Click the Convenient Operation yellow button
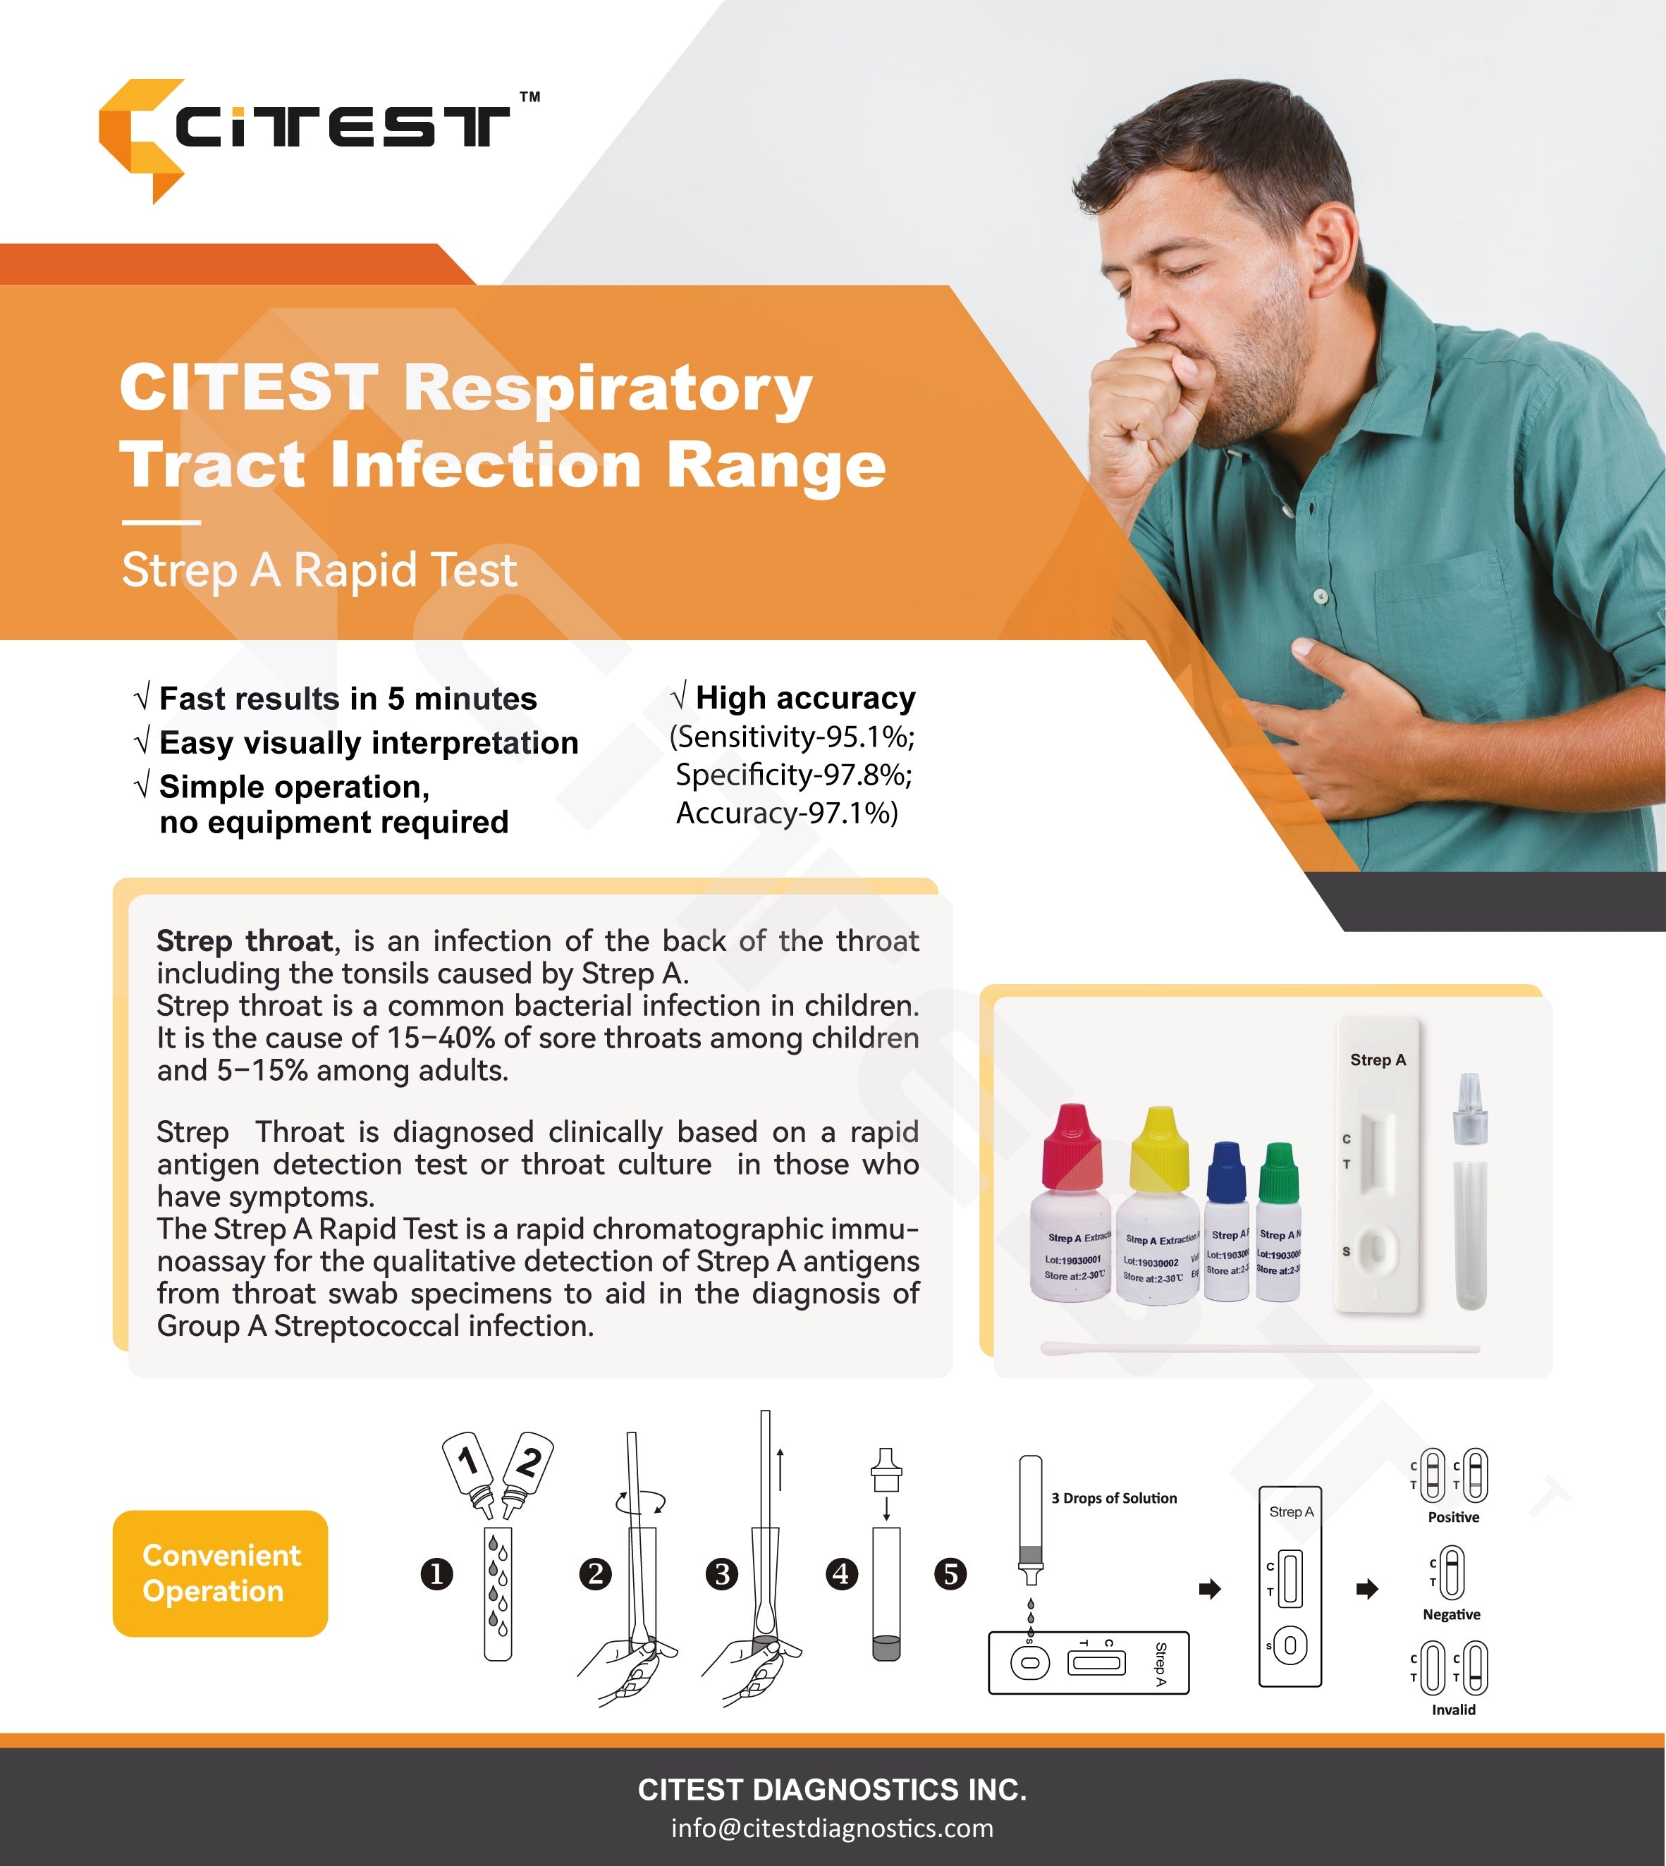pos(220,1573)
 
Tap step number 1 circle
pos(436,1574)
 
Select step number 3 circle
pos(722,1574)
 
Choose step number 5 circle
pos(950,1574)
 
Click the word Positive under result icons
pos(1452,1517)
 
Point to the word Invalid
pos(1452,1710)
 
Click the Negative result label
pos(1451,1614)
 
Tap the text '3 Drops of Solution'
pos(1113,1498)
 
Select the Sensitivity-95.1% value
pos(792,737)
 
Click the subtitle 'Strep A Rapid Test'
pos(319,570)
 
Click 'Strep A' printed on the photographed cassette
pos(1378,1060)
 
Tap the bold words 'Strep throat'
pos(245,941)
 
